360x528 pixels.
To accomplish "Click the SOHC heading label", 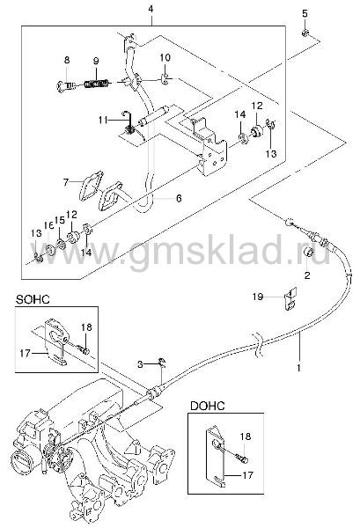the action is click(x=33, y=299).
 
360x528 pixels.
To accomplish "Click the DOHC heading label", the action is click(x=208, y=406).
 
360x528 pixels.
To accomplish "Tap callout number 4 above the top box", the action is click(x=151, y=10).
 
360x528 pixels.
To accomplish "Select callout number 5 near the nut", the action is click(x=305, y=14).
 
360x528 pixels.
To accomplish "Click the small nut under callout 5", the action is click(x=305, y=33).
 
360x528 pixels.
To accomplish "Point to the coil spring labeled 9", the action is click(x=97, y=83).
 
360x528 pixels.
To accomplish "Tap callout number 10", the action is click(x=165, y=57).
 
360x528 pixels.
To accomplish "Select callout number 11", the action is click(x=103, y=120).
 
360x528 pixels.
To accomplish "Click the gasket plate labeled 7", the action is click(x=91, y=186).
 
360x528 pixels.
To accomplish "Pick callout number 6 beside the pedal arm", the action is click(x=179, y=198).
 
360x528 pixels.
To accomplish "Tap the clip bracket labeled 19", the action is click(x=290, y=298).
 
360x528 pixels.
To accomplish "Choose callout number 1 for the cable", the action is click(x=298, y=367).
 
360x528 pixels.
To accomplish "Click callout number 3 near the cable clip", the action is click(x=141, y=364).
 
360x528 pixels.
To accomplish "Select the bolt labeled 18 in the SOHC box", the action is click(x=83, y=350).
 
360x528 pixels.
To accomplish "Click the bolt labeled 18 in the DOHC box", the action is click(x=243, y=458).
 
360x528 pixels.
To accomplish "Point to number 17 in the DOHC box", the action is click(x=247, y=475).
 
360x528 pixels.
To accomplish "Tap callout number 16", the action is click(x=48, y=225).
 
